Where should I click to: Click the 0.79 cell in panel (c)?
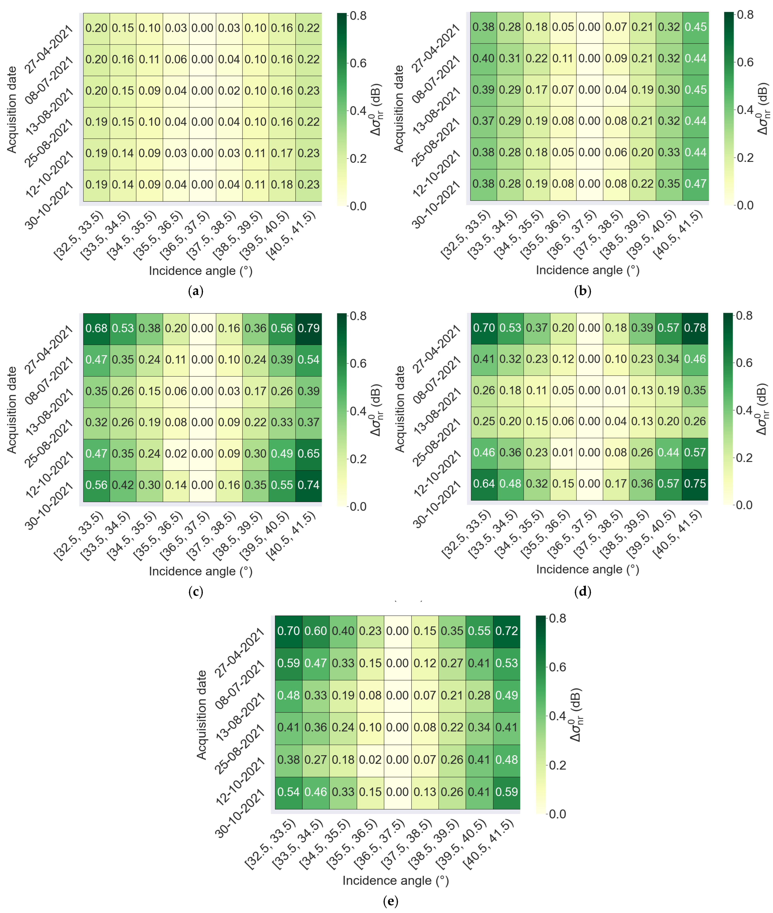(x=309, y=328)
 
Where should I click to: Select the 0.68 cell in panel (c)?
(x=96, y=328)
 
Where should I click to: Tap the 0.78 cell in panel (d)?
(x=695, y=328)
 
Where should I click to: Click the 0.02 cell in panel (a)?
(x=229, y=91)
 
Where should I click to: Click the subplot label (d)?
(x=582, y=592)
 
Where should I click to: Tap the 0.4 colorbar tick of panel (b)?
(x=745, y=110)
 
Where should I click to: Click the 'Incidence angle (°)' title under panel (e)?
(x=396, y=881)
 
